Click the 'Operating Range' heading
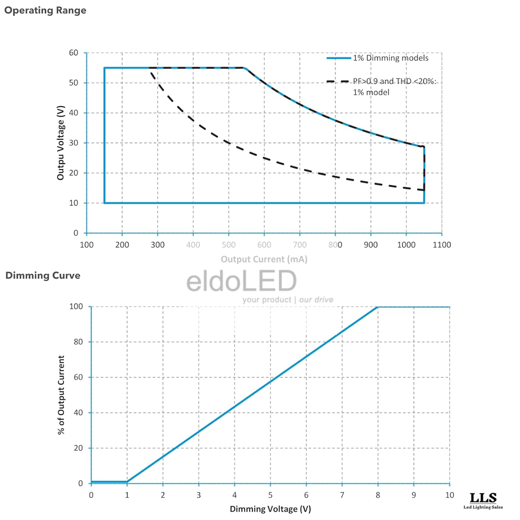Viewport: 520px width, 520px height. [45, 10]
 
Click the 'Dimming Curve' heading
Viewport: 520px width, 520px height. [43, 276]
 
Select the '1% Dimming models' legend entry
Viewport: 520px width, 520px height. [391, 58]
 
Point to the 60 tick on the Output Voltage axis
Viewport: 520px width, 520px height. [73, 53]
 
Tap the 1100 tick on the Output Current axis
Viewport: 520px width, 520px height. [441, 244]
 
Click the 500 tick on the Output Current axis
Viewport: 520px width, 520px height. [228, 244]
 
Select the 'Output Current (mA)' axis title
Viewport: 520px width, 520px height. [264, 259]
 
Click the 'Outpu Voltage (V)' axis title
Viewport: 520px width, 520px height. [61, 142]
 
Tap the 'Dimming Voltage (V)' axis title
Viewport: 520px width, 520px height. [270, 509]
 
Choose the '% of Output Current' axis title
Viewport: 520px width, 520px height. [62, 395]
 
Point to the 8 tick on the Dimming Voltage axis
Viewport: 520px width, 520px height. [378, 494]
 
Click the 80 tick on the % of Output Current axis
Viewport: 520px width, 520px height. [79, 342]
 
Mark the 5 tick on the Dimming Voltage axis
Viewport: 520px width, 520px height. [270, 494]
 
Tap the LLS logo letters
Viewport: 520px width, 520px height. [483, 498]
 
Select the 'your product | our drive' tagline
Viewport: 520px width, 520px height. [288, 300]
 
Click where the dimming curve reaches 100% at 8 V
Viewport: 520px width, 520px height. [378, 307]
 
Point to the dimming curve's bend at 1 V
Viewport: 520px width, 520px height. [127, 482]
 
